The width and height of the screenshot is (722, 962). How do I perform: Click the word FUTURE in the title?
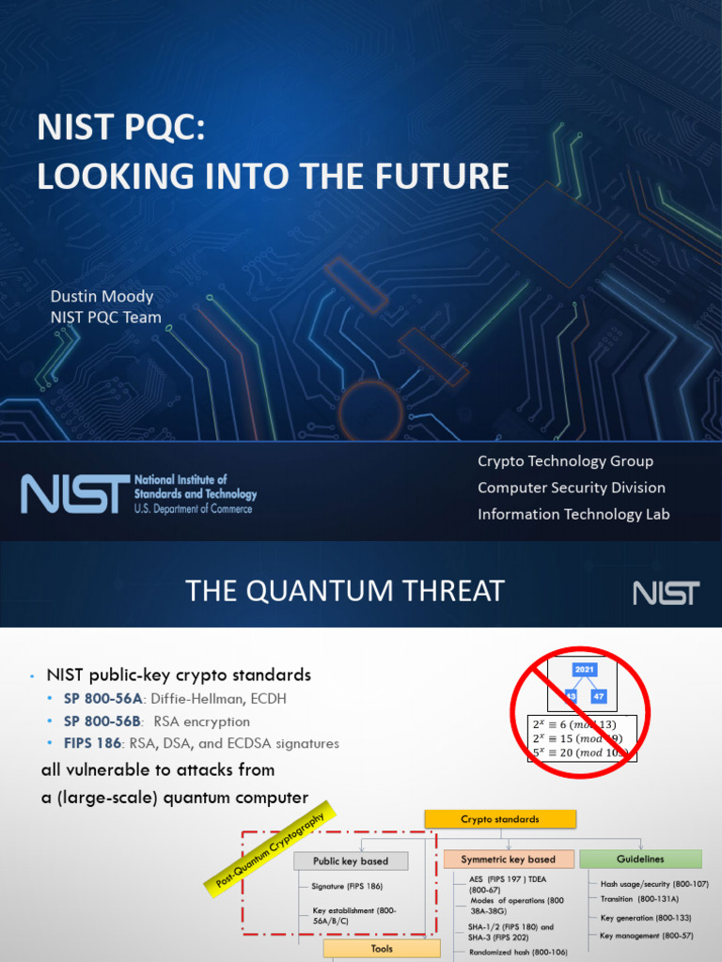coord(448,176)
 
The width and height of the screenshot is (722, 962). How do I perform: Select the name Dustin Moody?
coord(102,297)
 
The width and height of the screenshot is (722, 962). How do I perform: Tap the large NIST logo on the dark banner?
coord(76,493)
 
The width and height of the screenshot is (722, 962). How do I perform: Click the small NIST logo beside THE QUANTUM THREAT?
coord(666,593)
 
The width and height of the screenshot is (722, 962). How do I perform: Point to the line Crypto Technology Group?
coord(565,461)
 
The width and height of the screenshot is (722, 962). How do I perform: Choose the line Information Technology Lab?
coord(573,514)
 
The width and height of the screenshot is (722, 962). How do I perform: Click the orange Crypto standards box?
coord(500,818)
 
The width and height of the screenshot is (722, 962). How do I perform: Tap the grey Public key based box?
coord(351,861)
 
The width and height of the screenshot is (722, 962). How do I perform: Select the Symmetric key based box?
coord(508,859)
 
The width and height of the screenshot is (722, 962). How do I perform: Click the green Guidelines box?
coord(640,859)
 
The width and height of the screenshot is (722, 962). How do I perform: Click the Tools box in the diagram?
coord(382,949)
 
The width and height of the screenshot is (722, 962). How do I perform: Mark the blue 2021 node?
coord(585,670)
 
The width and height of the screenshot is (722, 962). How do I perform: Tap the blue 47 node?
coord(599,696)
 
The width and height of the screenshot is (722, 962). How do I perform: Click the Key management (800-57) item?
coord(647,936)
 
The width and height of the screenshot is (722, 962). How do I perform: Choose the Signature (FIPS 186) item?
coord(347,886)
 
